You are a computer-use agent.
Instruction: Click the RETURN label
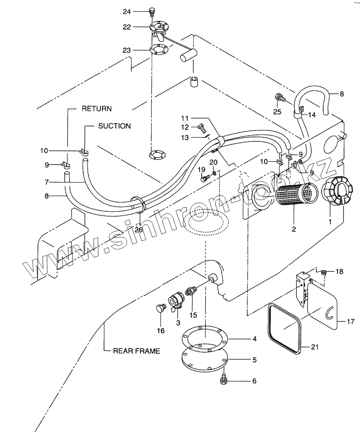(x=97, y=108)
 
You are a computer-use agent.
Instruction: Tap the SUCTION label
(x=114, y=126)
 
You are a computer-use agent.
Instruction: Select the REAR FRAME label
(x=137, y=351)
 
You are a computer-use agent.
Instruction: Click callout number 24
(x=127, y=12)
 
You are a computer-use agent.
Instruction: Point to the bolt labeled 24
(x=152, y=11)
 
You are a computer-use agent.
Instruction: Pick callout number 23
(x=127, y=50)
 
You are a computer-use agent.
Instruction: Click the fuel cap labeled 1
(x=336, y=191)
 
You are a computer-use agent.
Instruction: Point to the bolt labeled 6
(x=224, y=381)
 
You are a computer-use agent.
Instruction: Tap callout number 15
(x=193, y=315)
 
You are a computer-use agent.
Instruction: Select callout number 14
(x=312, y=114)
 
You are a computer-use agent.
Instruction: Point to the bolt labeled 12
(x=201, y=128)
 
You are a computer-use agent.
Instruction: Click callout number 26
(x=139, y=230)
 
